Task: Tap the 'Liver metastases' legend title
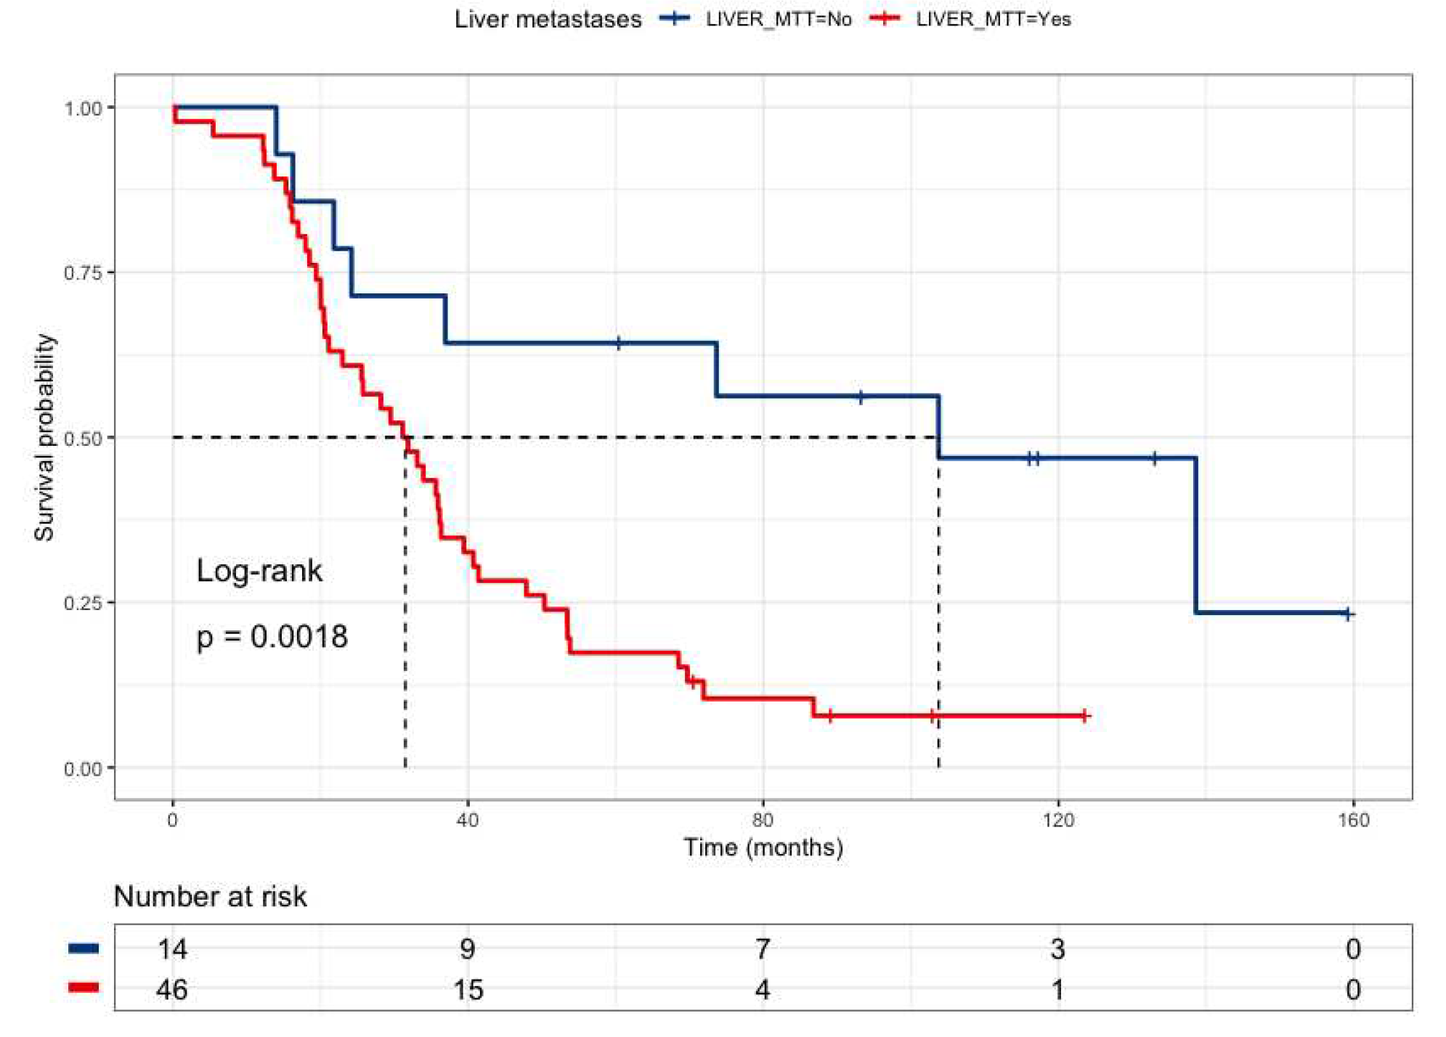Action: point(548,19)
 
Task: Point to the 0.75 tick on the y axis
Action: point(82,272)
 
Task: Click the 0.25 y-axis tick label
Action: point(82,603)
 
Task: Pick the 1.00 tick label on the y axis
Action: point(82,107)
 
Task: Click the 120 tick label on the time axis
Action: point(1057,821)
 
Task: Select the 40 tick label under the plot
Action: point(468,821)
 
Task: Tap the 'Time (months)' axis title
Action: point(763,847)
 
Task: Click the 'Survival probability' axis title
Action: point(44,437)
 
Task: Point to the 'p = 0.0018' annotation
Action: point(272,637)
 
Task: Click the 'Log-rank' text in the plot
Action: point(259,571)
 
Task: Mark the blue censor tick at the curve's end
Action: point(1347,614)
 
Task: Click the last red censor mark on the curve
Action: point(1084,716)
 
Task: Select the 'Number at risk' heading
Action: point(210,897)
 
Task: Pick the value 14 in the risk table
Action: point(172,949)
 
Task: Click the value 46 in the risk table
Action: point(172,990)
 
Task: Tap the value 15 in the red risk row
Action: point(468,990)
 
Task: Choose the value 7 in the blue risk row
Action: point(763,949)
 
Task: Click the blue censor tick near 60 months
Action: point(618,343)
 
